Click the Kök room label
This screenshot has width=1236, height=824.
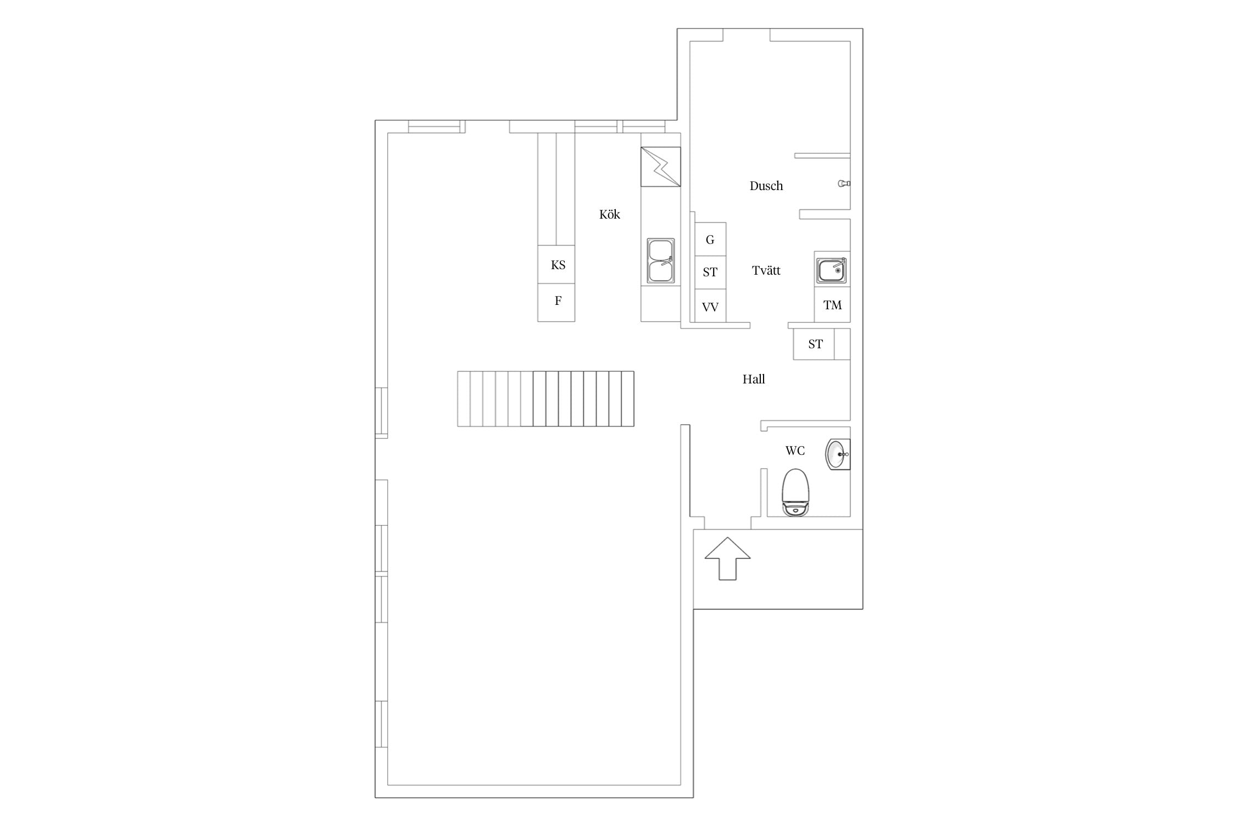pos(609,214)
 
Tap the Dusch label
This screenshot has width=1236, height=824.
pos(766,186)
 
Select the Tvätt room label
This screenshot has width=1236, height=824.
pos(766,270)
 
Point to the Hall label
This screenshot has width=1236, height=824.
pos(754,379)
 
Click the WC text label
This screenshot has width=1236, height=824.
pos(795,451)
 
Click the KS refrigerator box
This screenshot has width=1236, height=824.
pos(556,264)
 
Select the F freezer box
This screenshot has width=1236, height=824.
pos(556,302)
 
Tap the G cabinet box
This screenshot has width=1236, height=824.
pos(710,239)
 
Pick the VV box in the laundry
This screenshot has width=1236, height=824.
pos(710,305)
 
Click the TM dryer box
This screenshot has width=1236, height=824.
pos(832,304)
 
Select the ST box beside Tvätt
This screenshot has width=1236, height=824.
pos(710,272)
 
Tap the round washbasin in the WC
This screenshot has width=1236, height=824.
pos(838,454)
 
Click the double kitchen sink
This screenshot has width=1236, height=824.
pos(660,261)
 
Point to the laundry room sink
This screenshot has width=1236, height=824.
pos(831,270)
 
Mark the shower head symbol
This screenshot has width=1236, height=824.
pos(844,183)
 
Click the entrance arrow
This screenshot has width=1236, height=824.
pos(727,558)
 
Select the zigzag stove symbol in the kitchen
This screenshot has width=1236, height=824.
pos(661,166)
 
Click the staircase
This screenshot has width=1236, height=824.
pos(545,399)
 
